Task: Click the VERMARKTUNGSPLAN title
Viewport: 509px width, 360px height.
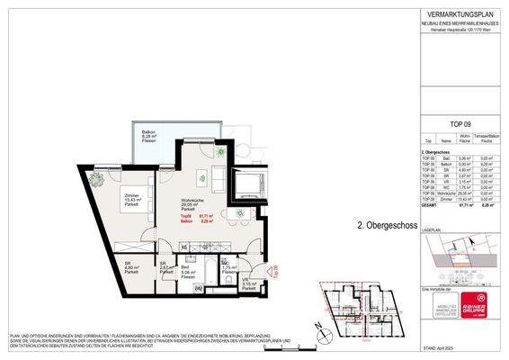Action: (x=460, y=12)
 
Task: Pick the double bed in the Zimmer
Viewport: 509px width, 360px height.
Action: (x=125, y=225)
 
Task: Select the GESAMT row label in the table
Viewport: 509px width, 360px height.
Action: (x=429, y=206)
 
